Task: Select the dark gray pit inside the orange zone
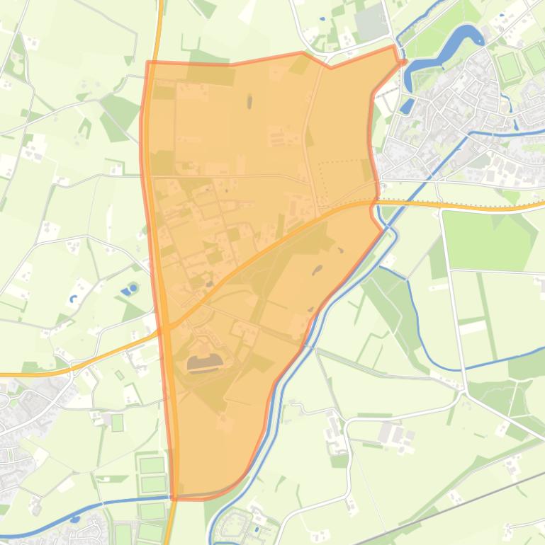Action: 204,364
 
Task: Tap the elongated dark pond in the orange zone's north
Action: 249,102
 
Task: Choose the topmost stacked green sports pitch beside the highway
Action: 152,465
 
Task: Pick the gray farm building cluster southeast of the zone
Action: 393,432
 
